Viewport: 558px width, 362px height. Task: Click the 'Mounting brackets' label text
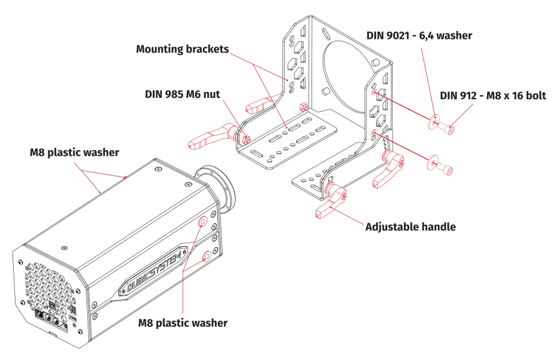click(182, 48)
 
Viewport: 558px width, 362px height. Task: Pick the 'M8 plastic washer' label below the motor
click(183, 323)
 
